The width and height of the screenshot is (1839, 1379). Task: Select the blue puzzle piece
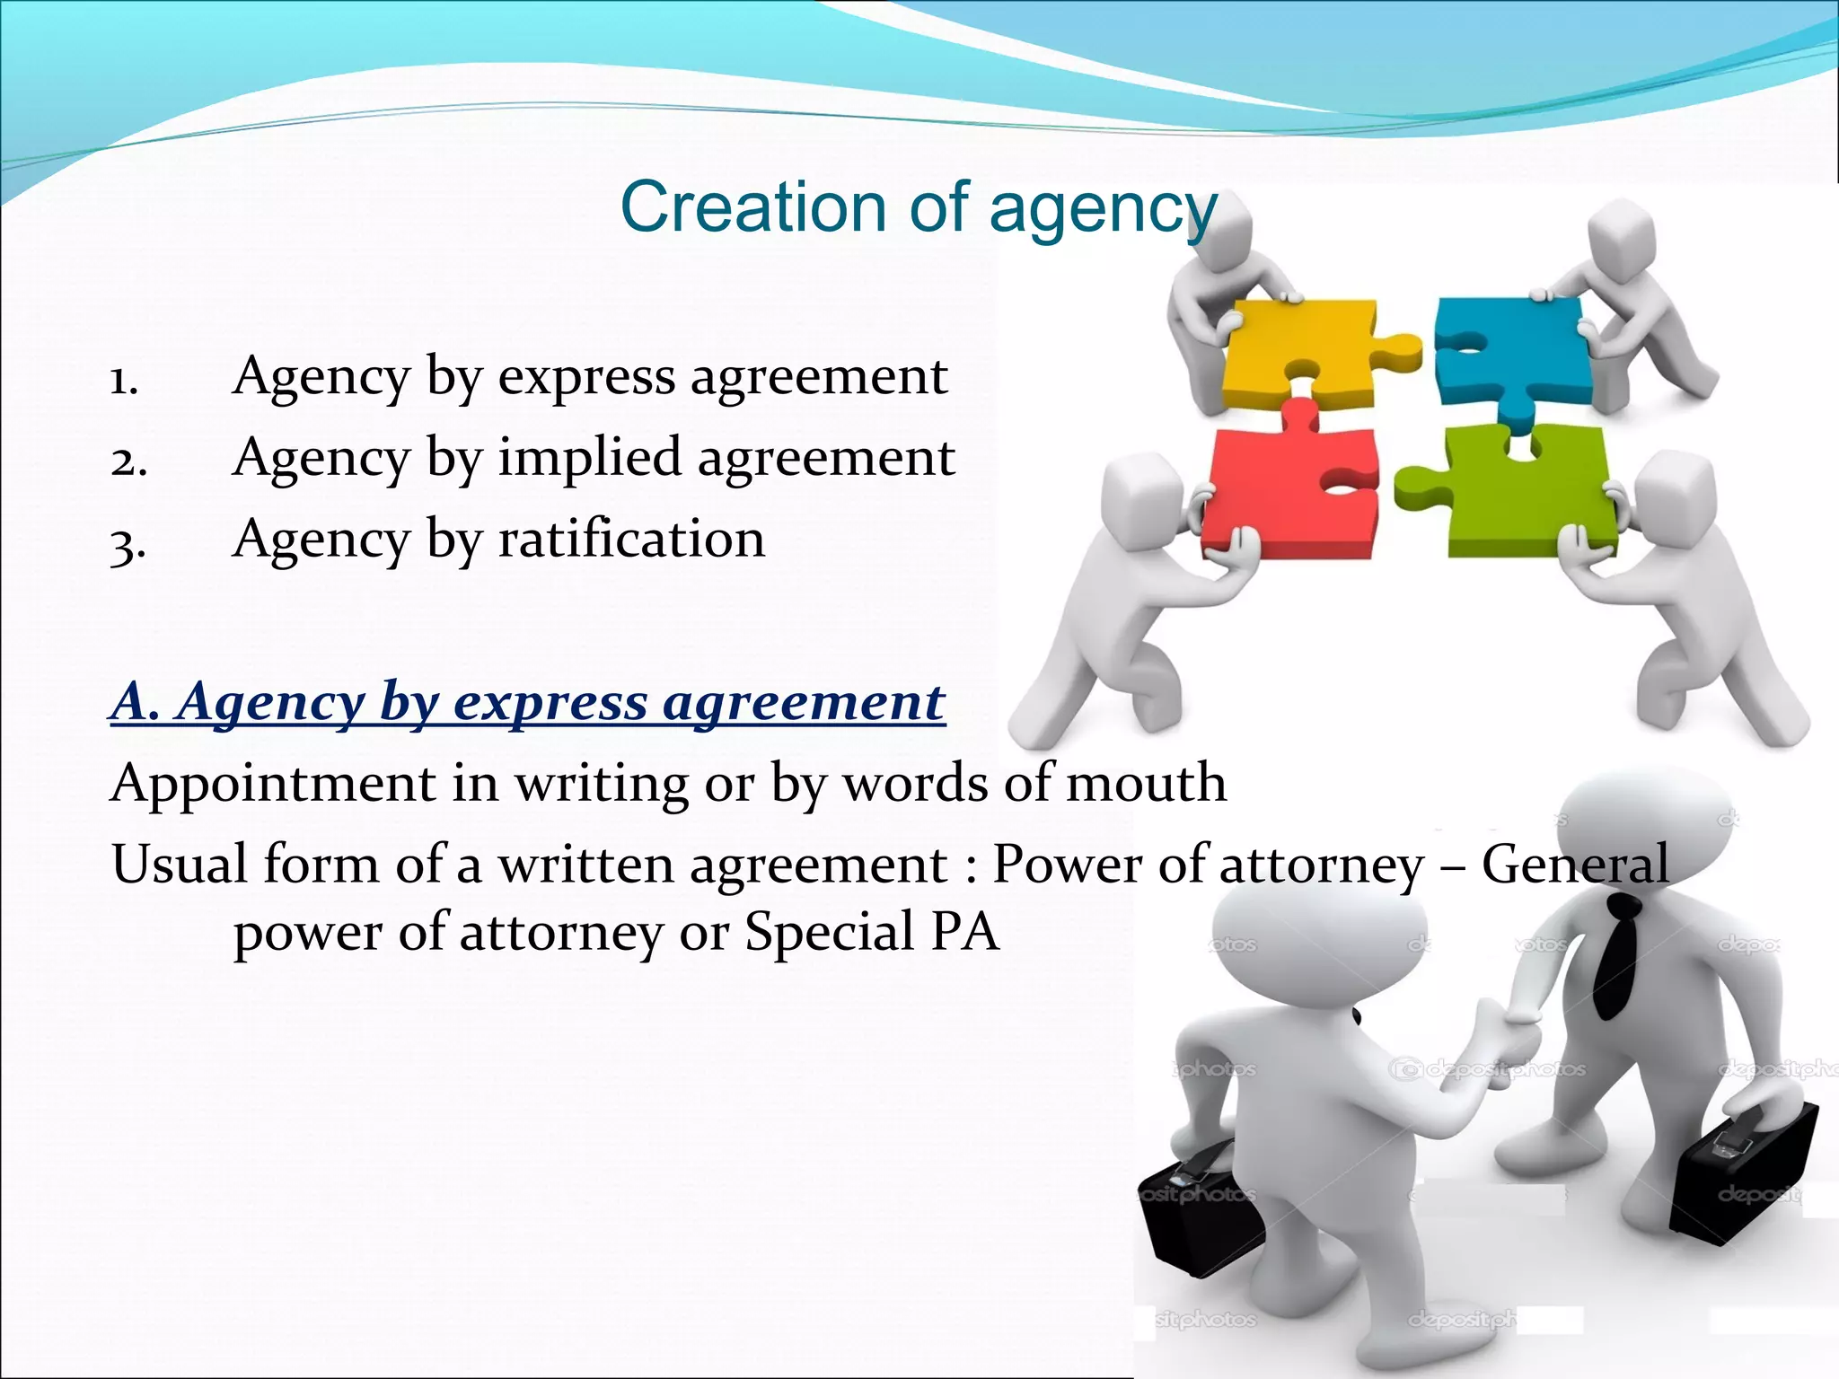point(1509,355)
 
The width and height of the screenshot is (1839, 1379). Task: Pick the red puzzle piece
point(1284,494)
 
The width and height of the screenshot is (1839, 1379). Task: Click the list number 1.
point(124,380)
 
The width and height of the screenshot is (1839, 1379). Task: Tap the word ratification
point(631,540)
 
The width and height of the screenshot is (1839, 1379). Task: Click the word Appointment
point(273,783)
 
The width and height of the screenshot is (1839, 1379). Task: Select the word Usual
point(180,865)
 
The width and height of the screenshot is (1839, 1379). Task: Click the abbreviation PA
point(964,931)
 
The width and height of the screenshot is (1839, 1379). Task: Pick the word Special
point(830,933)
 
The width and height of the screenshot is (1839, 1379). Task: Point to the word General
point(1575,865)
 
